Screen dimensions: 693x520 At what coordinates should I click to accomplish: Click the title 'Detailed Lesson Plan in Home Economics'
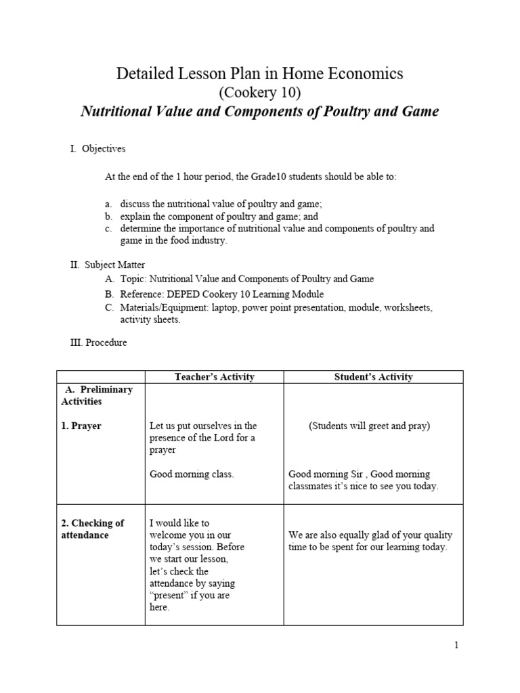coord(259,74)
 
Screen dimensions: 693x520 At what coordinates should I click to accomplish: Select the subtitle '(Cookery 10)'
coord(259,93)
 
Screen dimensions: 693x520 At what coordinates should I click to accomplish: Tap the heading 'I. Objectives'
coord(97,149)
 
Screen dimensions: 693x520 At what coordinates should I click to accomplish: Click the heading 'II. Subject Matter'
coord(107,265)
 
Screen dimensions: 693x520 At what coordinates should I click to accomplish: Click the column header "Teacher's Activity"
coord(214,377)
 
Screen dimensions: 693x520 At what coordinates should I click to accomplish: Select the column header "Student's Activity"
coord(373,377)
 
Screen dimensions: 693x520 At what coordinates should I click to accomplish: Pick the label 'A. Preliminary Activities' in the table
coord(97,395)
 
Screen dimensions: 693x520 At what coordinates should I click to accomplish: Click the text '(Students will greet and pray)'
coord(369,426)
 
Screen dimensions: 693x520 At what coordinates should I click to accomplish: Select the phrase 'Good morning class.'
coord(192,474)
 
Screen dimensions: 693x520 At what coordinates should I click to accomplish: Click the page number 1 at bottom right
coord(456,646)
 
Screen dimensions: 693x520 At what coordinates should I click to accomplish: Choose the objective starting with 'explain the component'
coord(219,217)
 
